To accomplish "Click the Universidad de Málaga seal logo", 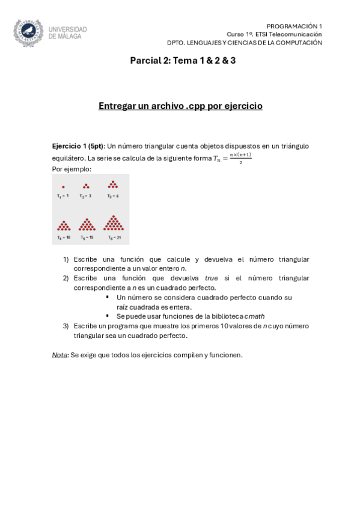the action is tap(28, 32).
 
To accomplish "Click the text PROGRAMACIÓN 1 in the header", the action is tap(294, 26).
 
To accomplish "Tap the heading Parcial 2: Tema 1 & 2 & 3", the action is tap(183, 61).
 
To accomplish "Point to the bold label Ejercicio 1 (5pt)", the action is tap(78, 146).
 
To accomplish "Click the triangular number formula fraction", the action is tap(240, 158).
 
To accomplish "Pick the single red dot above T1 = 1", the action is tap(63, 187).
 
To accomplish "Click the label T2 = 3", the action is tap(86, 196).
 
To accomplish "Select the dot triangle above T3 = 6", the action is tap(112, 185).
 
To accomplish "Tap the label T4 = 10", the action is tap(64, 238).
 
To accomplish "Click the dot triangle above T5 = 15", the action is tap(87, 225).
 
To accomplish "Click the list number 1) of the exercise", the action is tap(66, 260).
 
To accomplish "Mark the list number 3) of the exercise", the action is tap(66, 326).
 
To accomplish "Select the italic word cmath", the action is tap(255, 316).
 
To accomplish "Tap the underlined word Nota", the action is tap(59, 355).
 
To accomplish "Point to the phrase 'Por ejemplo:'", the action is tap(72, 169).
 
